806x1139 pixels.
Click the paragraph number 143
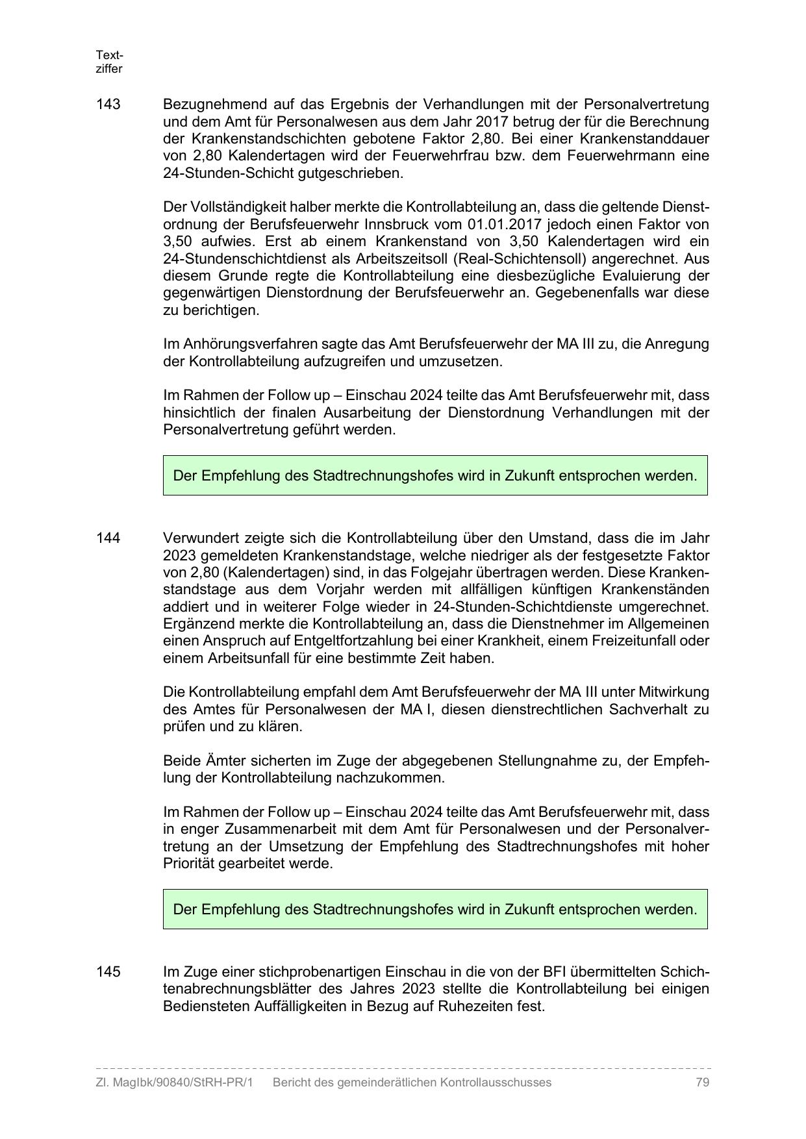[x=108, y=105]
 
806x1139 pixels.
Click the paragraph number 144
[x=108, y=538]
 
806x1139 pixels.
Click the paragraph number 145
[x=108, y=972]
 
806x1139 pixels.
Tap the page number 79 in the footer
[x=701, y=1083]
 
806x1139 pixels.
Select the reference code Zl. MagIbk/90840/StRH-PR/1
[x=174, y=1083]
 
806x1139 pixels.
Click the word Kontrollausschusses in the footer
[x=496, y=1083]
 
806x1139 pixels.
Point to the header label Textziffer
[x=109, y=62]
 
